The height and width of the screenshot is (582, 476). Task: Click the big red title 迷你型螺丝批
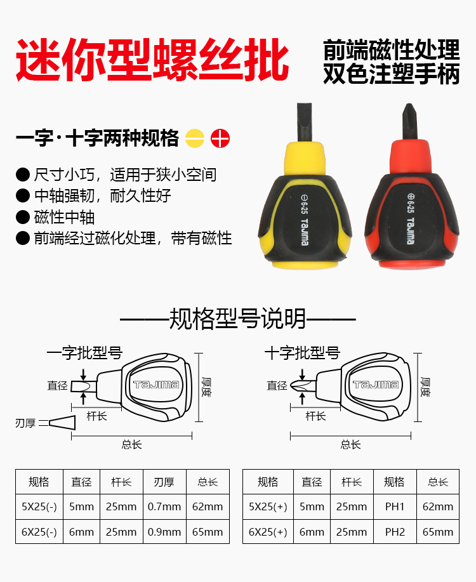[x=152, y=60]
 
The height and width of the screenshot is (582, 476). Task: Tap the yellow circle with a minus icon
[x=195, y=138]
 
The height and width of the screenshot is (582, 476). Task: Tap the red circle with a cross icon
[x=220, y=138]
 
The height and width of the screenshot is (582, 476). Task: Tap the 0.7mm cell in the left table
[x=164, y=506]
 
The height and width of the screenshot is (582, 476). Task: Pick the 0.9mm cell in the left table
[x=164, y=532]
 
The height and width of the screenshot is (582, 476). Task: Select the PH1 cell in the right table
[x=394, y=506]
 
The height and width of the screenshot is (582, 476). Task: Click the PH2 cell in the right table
[x=394, y=532]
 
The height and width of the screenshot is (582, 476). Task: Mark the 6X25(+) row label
[x=268, y=532]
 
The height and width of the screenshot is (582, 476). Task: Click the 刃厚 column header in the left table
[x=164, y=482]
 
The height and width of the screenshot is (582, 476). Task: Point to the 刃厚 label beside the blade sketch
[x=25, y=423]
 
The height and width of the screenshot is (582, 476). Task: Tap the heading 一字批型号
[x=84, y=353]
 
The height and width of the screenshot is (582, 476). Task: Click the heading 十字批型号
[x=302, y=353]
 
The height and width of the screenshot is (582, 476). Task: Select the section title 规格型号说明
[x=237, y=318]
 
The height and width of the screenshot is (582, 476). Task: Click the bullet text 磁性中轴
[x=64, y=217]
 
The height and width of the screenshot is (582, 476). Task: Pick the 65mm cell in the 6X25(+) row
[x=438, y=532]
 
